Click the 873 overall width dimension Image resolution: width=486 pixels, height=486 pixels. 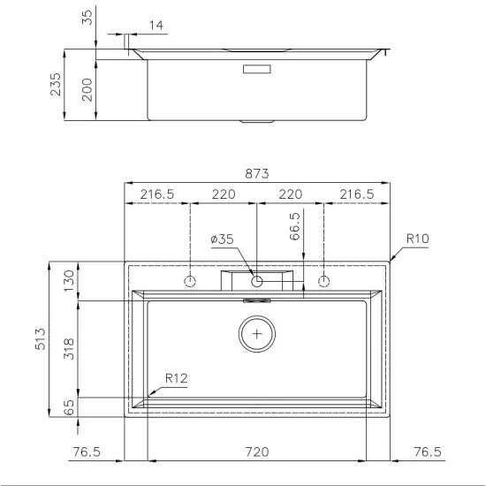pyautogui.click(x=256, y=173)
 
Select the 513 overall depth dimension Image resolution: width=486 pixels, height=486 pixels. pyautogui.click(x=41, y=338)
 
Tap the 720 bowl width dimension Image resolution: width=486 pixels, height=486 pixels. pyautogui.click(x=256, y=452)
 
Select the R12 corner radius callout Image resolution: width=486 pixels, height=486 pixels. pyautogui.click(x=176, y=378)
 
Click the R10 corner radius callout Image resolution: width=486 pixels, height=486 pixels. pyautogui.click(x=418, y=239)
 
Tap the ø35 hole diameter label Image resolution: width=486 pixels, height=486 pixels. pyautogui.click(x=222, y=239)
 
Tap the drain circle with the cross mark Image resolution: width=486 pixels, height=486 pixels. pyautogui.click(x=257, y=334)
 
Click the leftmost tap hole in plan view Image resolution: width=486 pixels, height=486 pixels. pyautogui.click(x=190, y=281)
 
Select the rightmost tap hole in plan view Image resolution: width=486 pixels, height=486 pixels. pyautogui.click(x=323, y=281)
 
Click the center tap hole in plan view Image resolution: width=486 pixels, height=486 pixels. pyautogui.click(x=257, y=281)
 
